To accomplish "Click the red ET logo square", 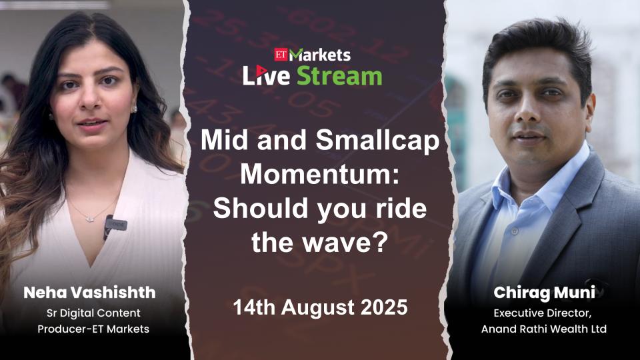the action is pos(281,54).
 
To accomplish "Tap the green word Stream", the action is pos(339,76).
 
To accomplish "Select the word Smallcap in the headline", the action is pos(377,141).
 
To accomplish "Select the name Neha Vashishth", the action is pos(89,293).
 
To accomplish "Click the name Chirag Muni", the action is pos(544,293).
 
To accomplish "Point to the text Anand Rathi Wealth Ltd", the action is pos(544,329).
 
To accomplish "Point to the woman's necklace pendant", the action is pos(90,219).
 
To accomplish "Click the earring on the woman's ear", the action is pos(134,109).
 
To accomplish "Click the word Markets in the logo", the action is pos(319,55).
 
